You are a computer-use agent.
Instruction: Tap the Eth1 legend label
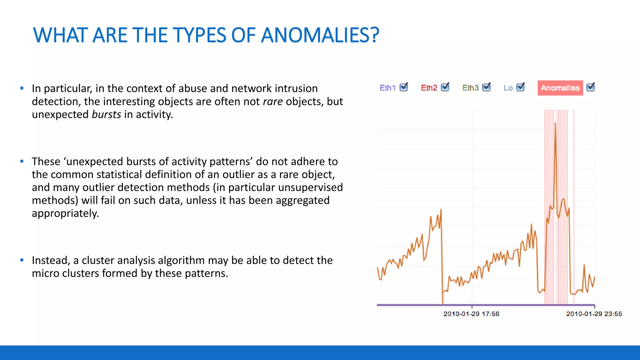pyautogui.click(x=387, y=88)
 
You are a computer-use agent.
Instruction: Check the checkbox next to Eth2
pyautogui.click(x=445, y=87)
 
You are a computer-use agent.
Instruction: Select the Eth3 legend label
pyautogui.click(x=470, y=88)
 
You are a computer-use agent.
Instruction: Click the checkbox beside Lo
pyautogui.click(x=520, y=87)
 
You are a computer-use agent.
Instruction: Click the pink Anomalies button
pyautogui.click(x=560, y=88)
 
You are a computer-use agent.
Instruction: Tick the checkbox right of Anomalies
pyautogui.click(x=590, y=87)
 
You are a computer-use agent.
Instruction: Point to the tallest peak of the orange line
pyautogui.click(x=555, y=123)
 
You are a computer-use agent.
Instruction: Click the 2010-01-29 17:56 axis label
pyautogui.click(x=471, y=314)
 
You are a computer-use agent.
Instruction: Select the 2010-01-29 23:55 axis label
pyautogui.click(x=594, y=314)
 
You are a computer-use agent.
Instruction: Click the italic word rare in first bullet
pyautogui.click(x=273, y=102)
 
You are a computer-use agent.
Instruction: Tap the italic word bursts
pyautogui.click(x=106, y=114)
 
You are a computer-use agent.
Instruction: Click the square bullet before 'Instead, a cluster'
pyautogui.click(x=22, y=260)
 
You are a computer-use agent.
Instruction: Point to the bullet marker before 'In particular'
pyautogui.click(x=22, y=88)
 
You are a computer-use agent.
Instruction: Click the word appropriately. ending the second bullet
pyautogui.click(x=65, y=213)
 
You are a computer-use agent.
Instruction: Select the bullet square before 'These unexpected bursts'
pyautogui.click(x=22, y=161)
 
